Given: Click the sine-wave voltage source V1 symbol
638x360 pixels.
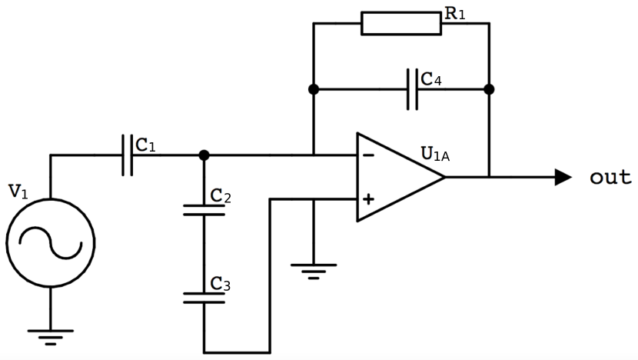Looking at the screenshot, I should click(50, 243).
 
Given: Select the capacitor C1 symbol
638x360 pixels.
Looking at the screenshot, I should click(127, 155).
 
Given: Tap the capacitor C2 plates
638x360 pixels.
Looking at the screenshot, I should click(204, 209).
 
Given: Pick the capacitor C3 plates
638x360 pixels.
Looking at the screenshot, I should click(204, 297).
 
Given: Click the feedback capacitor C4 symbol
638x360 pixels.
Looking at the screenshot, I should click(413, 89).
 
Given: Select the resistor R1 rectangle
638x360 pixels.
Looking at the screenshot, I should click(400, 23).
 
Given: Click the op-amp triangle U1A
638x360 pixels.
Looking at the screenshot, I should click(396, 177).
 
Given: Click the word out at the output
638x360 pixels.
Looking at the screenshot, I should click(610, 178).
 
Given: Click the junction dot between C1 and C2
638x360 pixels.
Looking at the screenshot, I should click(204, 155).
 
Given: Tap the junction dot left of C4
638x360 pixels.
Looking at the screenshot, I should click(314, 89).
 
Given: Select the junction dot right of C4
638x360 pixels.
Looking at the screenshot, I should click(489, 89).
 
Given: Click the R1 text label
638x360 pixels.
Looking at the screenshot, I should click(455, 13).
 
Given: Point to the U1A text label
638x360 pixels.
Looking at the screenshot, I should click(435, 153).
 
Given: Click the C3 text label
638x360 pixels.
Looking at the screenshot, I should click(221, 285).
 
